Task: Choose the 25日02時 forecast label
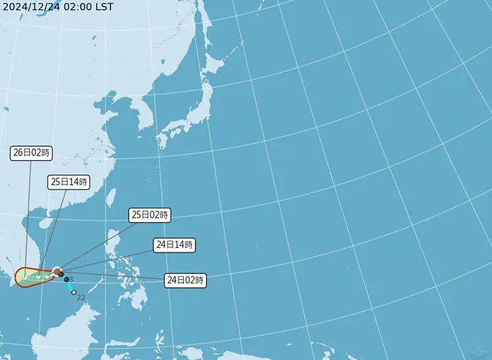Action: (150, 214)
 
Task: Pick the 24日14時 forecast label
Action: (174, 245)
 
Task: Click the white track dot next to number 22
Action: (74, 292)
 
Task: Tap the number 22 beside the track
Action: (81, 298)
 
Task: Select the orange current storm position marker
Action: (57, 271)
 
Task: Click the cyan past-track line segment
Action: (70, 286)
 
